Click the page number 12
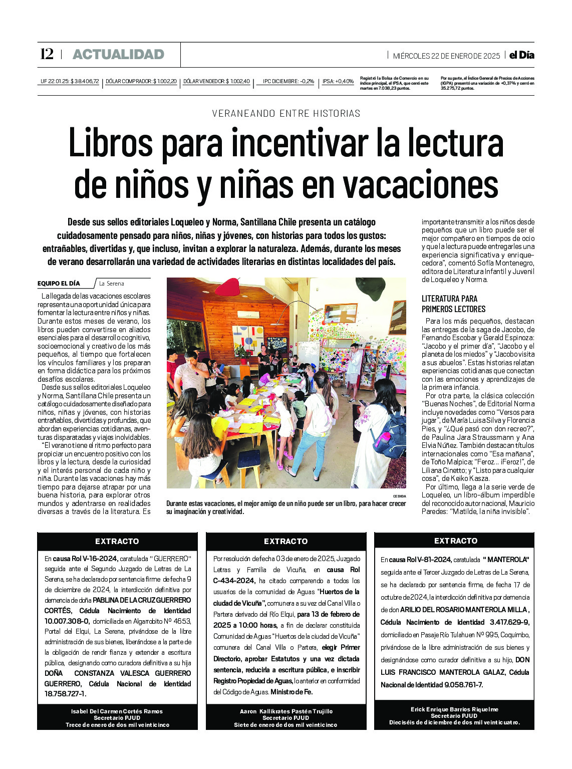47,54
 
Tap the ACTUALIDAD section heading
118,55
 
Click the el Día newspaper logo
521,55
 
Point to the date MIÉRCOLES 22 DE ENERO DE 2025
446,56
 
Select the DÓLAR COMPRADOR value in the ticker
141,81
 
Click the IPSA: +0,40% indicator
338,81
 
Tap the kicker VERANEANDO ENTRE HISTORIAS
286,114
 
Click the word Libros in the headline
110,143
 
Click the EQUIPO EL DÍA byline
59,284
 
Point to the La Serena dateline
111,284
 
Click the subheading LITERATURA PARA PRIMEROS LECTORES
453,304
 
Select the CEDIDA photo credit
399,496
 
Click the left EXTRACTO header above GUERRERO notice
117,541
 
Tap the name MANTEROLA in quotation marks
506,560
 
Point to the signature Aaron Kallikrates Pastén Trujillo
285,711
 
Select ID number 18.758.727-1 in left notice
66,694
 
